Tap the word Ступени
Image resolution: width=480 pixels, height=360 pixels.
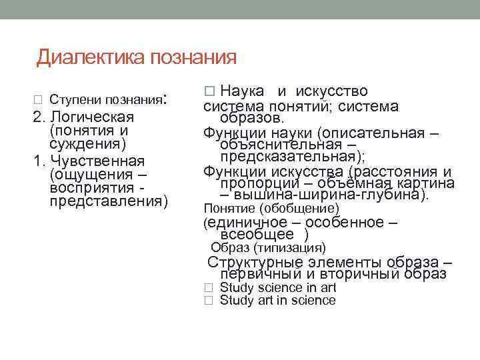[x=73, y=100]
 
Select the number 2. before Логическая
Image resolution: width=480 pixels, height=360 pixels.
[x=40, y=117]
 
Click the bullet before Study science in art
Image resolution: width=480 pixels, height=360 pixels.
[x=208, y=288]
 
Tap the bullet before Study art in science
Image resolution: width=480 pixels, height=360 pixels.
[x=208, y=301]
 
